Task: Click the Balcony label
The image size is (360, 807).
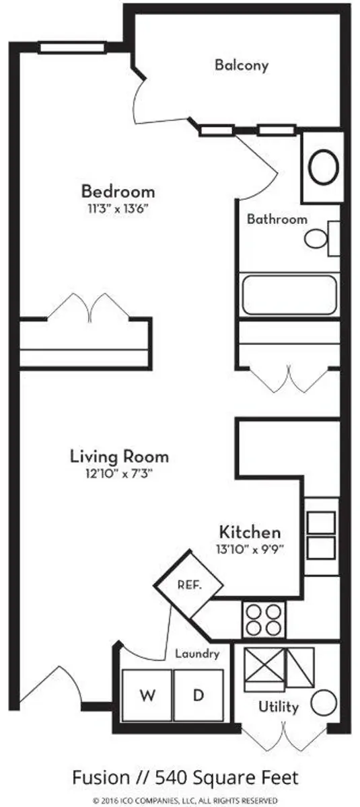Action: pyautogui.click(x=242, y=65)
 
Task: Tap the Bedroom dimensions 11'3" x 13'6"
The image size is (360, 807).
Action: pyautogui.click(x=118, y=209)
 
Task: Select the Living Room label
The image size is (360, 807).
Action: pyautogui.click(x=119, y=457)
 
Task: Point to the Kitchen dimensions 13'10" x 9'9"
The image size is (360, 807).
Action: pyautogui.click(x=250, y=550)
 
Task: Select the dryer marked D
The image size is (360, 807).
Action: pyautogui.click(x=199, y=695)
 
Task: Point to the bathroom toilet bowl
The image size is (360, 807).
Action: pyautogui.click(x=316, y=238)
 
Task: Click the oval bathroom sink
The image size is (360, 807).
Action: pyautogui.click(x=324, y=167)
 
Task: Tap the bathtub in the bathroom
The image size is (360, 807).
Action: pyautogui.click(x=289, y=295)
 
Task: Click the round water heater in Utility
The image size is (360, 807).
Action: pyautogui.click(x=324, y=703)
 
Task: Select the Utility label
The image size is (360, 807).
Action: pyautogui.click(x=279, y=707)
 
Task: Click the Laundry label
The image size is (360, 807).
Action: pyautogui.click(x=197, y=654)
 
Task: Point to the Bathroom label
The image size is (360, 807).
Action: pyautogui.click(x=277, y=219)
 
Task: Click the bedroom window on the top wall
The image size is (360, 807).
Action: pyautogui.click(x=72, y=48)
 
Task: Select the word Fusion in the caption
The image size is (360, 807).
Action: pyautogui.click(x=101, y=777)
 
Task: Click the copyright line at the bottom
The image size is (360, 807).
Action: pyautogui.click(x=185, y=800)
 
